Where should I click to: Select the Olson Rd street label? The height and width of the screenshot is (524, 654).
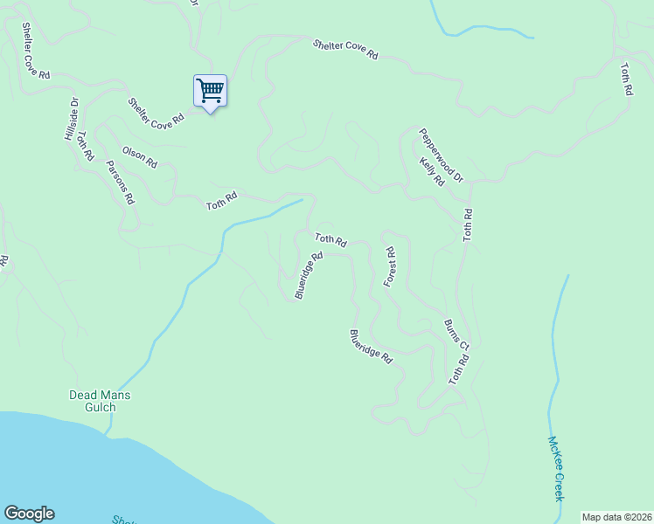(x=140, y=157)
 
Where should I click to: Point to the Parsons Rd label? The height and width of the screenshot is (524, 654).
(x=121, y=182)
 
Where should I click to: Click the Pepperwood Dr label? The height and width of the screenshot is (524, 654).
(x=440, y=154)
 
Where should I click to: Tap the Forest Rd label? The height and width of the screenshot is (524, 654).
(x=390, y=267)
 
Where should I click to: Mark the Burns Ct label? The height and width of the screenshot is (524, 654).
(x=457, y=334)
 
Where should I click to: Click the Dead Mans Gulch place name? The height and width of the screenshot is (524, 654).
(x=100, y=401)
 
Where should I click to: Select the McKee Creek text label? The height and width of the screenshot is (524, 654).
(x=555, y=469)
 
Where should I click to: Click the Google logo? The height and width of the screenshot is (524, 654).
(x=29, y=514)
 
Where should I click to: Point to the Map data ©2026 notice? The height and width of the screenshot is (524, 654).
(x=616, y=517)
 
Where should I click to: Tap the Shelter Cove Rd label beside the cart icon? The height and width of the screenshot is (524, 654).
(x=157, y=114)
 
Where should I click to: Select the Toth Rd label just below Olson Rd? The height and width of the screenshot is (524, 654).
(x=222, y=201)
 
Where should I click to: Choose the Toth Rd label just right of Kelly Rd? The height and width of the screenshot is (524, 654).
(x=468, y=225)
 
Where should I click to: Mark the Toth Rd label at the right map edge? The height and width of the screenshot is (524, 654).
(x=626, y=79)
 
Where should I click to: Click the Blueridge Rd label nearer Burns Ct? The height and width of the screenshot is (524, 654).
(x=371, y=346)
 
